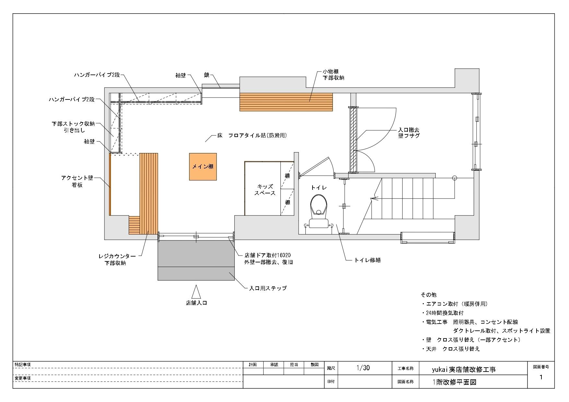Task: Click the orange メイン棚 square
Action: coord(203,167)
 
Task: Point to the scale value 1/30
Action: coord(363,368)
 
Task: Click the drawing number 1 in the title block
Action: coord(540,377)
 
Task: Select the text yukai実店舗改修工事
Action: coord(464,369)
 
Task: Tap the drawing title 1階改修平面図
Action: coord(454,382)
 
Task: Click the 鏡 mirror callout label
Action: coord(207,75)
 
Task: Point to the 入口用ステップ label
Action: coord(268,288)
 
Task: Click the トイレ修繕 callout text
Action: coord(368,260)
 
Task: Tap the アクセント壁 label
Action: coord(77,178)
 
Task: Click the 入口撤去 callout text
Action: coord(409,130)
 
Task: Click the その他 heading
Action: coord(429,295)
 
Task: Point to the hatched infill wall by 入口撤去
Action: coord(353,140)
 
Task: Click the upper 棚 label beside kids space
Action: coord(287,176)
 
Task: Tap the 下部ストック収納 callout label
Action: coord(73,124)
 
